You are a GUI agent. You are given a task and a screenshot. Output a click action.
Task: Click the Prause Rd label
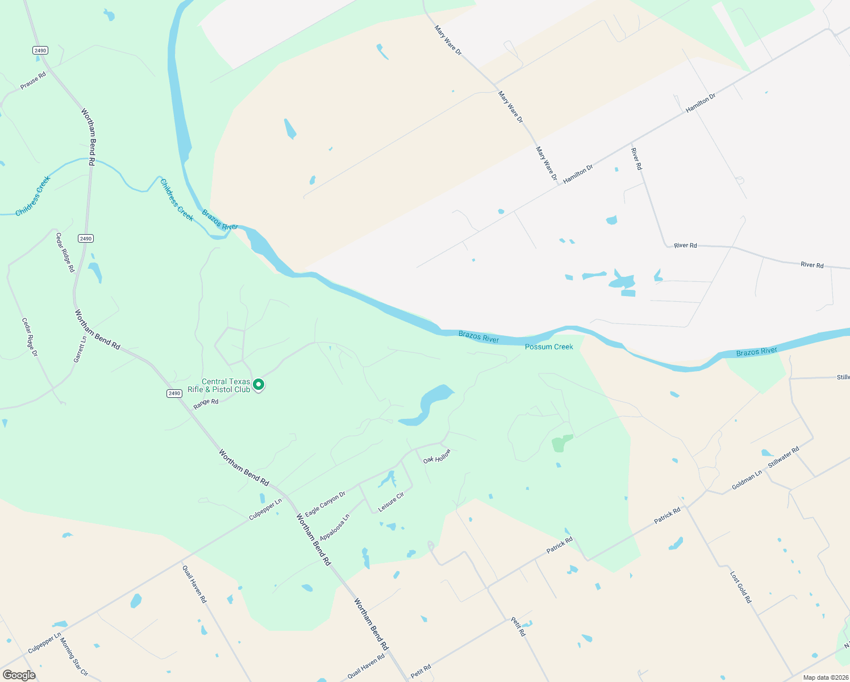tap(33, 81)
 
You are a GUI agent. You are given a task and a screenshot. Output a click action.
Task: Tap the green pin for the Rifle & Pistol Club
tap(259, 385)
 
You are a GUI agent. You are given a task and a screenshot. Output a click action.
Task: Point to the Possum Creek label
tap(549, 347)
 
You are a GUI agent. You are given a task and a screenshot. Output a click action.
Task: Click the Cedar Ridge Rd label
tap(65, 252)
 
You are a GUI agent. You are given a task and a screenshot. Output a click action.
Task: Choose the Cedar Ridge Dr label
tap(30, 337)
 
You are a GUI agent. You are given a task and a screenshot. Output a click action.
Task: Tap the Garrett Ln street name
tap(80, 349)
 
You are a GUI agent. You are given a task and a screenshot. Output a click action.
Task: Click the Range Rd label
tap(206, 404)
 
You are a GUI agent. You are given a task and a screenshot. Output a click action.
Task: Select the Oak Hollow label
tap(437, 456)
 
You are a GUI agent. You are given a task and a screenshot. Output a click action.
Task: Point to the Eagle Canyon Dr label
tap(325, 504)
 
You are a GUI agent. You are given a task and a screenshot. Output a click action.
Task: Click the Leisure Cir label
tap(391, 501)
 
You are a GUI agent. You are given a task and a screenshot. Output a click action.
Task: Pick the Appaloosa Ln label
tap(335, 528)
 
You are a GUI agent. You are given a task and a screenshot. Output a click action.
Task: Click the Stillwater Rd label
tap(784, 457)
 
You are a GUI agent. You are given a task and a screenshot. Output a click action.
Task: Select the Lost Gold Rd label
tap(740, 588)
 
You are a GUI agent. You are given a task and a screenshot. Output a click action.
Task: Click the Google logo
tap(19, 675)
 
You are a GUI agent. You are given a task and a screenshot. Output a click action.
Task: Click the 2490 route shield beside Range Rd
tap(174, 393)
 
